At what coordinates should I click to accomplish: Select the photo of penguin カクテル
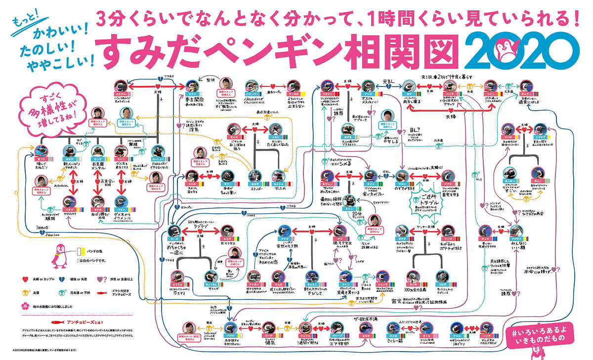pyautogui.click(x=121, y=85)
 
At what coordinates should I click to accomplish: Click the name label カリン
pyautogui.click(x=192, y=93)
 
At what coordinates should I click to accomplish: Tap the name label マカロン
pyautogui.click(x=327, y=93)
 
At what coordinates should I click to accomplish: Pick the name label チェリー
pyautogui.click(x=527, y=93)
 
